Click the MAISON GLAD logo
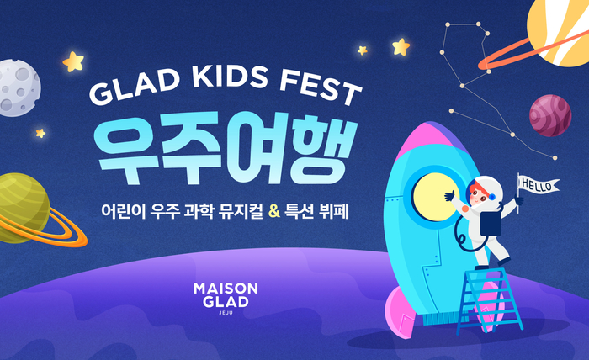(x=226, y=294)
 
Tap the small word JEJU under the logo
(x=226, y=314)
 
